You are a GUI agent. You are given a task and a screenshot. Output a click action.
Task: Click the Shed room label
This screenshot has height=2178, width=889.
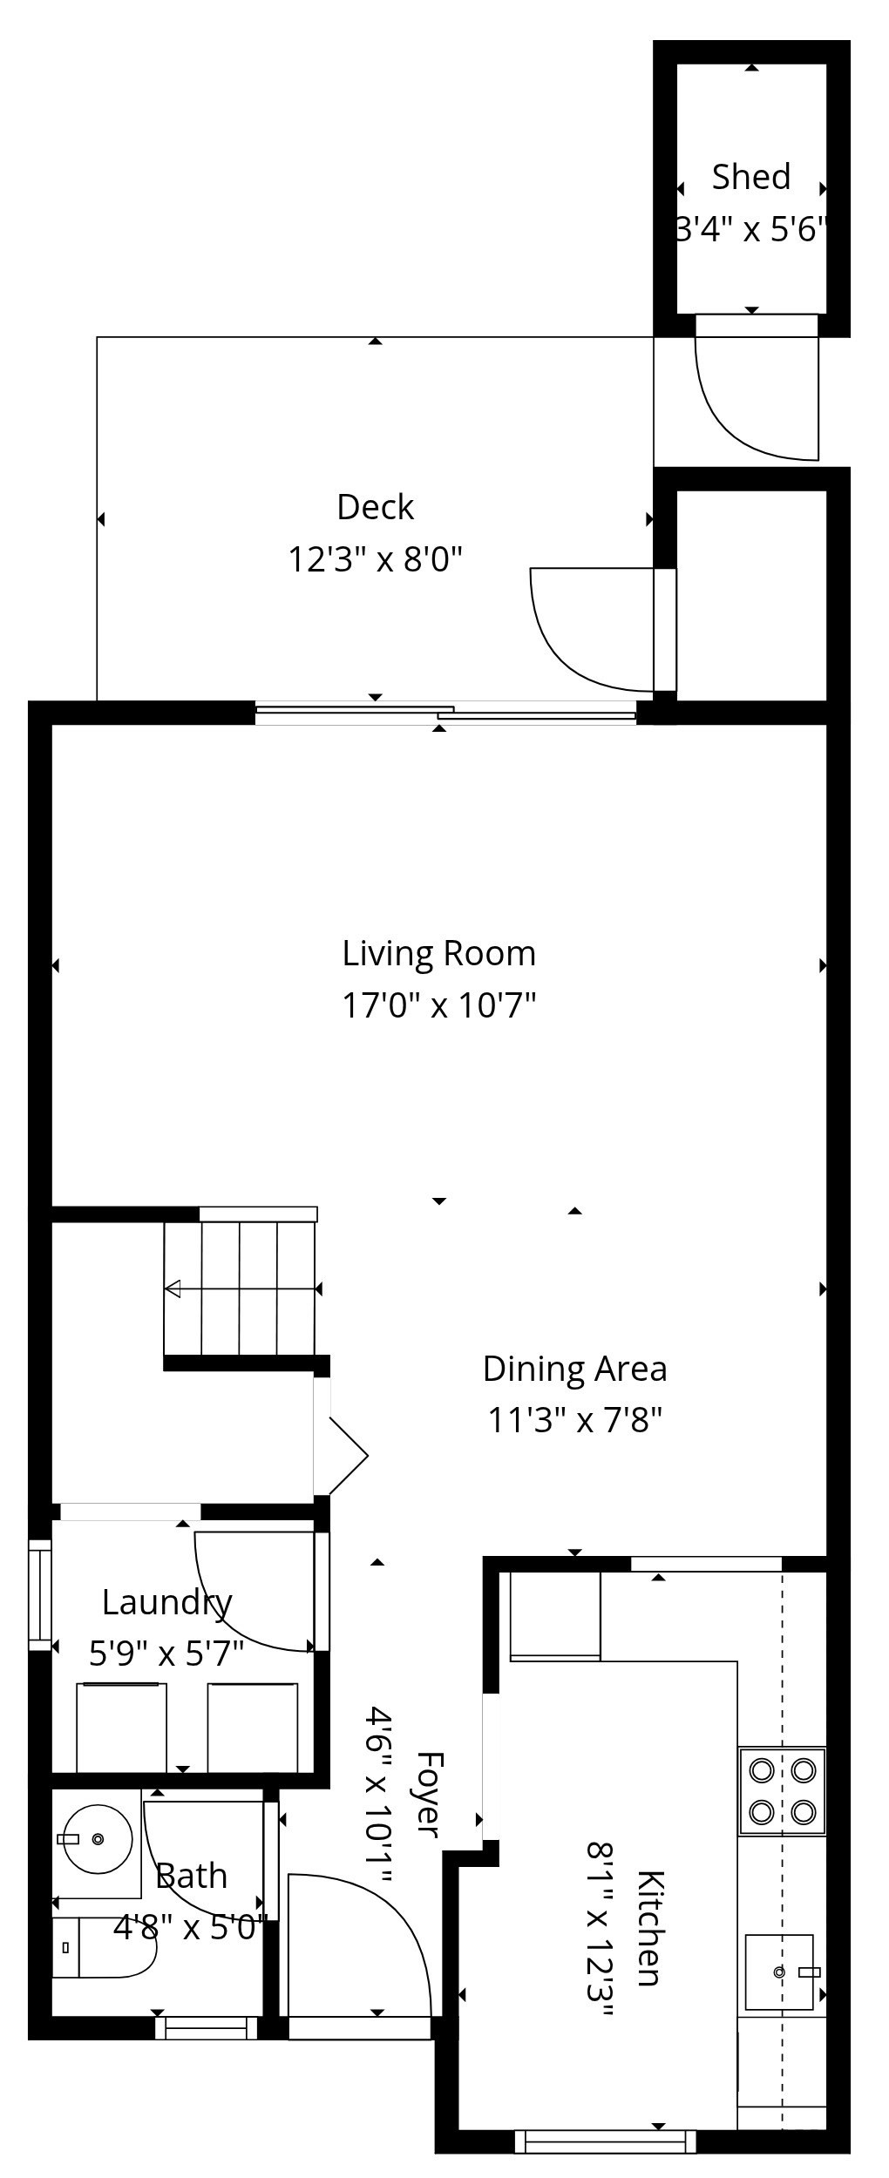[750, 177]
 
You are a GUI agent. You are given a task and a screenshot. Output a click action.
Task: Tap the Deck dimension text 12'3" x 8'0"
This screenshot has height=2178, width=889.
[375, 558]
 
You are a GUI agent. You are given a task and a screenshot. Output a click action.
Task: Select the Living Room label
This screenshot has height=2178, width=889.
[438, 953]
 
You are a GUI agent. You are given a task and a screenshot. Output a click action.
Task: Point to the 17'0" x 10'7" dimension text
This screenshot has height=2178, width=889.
[438, 1005]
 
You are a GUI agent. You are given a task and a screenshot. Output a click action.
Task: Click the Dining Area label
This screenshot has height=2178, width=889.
[574, 1368]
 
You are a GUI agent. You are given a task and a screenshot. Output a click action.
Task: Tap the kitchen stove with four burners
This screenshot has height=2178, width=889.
[782, 1790]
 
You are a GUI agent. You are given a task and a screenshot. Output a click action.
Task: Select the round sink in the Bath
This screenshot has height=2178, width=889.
[97, 1839]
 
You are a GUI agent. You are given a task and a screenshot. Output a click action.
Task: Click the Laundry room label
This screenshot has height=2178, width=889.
[166, 1601]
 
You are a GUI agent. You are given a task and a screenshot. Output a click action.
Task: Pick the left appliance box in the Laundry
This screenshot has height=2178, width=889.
[121, 1727]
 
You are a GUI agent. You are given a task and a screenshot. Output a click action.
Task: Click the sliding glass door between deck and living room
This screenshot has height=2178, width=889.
[444, 713]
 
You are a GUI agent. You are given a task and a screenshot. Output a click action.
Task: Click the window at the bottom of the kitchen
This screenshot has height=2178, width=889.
[605, 2141]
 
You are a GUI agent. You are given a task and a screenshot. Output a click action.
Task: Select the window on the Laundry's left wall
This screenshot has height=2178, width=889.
[40, 1595]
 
